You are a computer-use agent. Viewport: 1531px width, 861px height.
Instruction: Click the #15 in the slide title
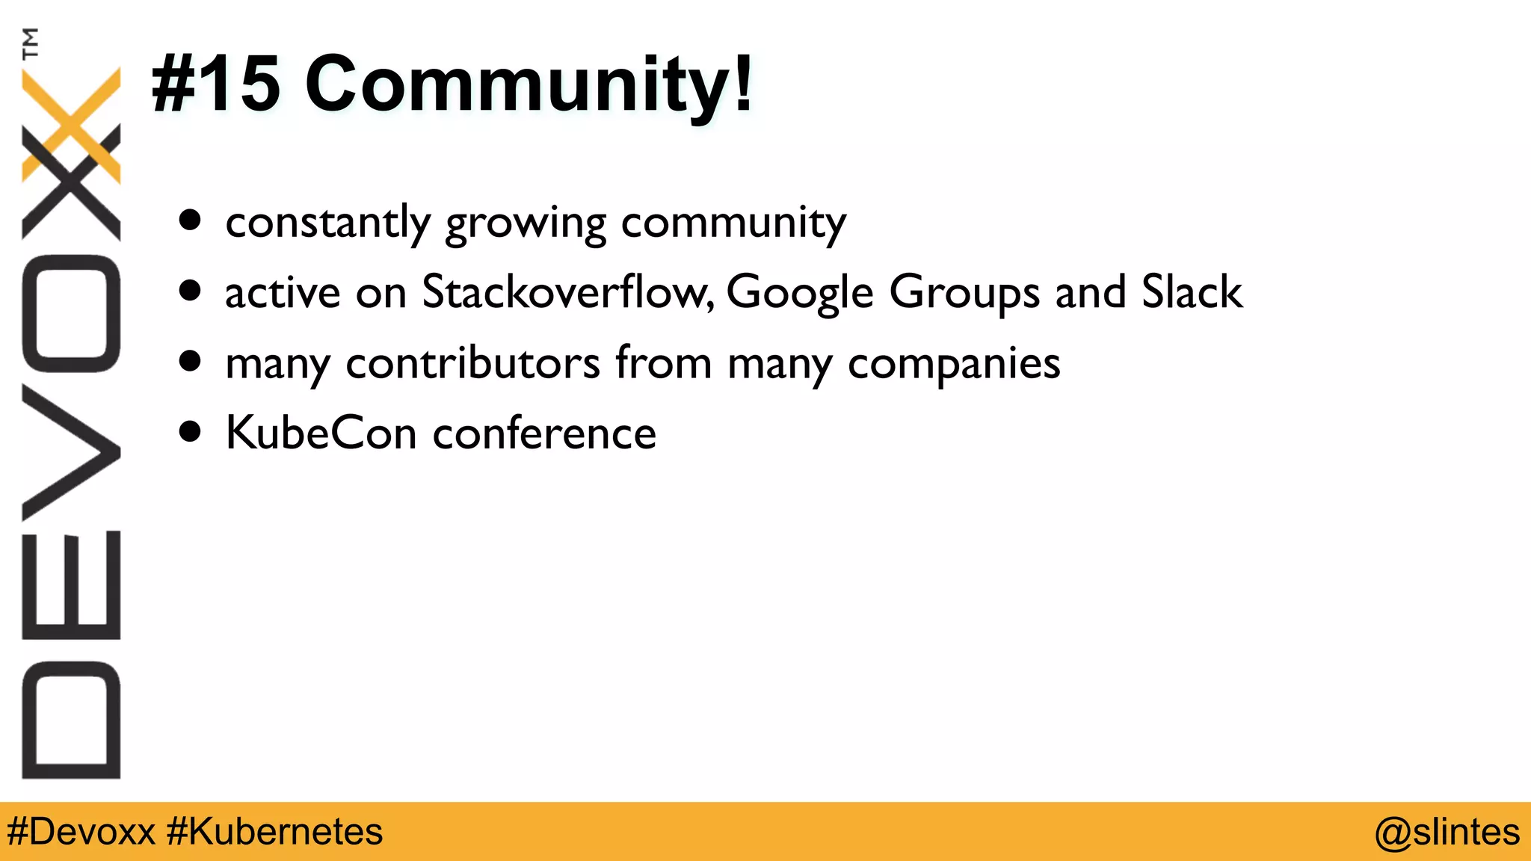point(216,84)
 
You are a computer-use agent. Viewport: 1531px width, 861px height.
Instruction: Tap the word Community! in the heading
point(529,84)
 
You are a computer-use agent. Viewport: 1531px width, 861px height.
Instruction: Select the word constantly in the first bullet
point(328,222)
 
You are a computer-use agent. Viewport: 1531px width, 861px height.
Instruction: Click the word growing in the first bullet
point(526,223)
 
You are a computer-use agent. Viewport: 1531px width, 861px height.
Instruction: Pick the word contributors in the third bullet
point(472,363)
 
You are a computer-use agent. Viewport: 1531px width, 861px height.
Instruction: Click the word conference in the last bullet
point(545,433)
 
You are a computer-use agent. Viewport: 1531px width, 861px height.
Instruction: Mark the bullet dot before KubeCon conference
point(191,432)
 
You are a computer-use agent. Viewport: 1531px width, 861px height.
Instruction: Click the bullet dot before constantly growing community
point(191,220)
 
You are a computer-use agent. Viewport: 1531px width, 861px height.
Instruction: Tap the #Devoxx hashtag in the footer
point(81,832)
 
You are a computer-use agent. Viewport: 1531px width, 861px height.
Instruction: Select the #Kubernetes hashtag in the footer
point(275,832)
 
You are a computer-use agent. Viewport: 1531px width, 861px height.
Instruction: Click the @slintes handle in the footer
point(1447,832)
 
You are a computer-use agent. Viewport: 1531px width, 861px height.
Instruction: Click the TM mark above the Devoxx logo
point(31,43)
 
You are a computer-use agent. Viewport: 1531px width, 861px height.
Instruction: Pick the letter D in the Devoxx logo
point(72,720)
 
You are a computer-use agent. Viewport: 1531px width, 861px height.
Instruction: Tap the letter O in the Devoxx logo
point(72,314)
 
